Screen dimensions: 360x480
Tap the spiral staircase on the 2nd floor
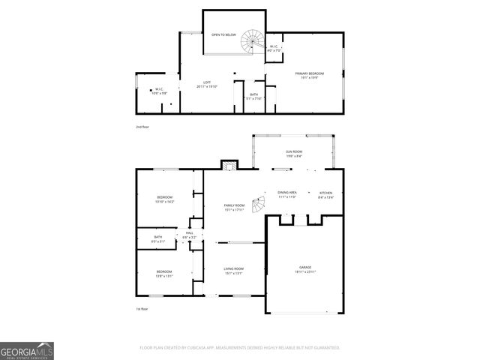coord(252,43)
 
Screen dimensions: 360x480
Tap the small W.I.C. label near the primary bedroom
coord(274,48)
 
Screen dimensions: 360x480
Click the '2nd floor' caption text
coord(142,127)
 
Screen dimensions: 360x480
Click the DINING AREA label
coord(287,194)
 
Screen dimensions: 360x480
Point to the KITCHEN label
coord(326,194)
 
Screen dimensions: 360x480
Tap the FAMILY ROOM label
coord(235,207)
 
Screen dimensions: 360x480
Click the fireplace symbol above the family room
coord(228,164)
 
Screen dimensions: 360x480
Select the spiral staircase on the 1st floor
coord(258,203)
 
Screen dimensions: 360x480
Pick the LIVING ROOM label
coord(234,270)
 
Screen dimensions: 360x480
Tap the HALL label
coord(190,235)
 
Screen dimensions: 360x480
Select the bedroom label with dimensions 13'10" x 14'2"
coord(163,199)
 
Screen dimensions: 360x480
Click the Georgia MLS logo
coord(27,350)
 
